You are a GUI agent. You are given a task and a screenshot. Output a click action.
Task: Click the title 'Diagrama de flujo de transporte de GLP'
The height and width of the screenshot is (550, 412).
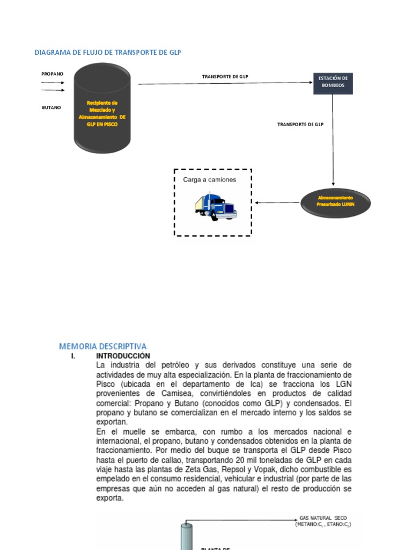[x=108, y=52]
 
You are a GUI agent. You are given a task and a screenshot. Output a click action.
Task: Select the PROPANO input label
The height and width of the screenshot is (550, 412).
[x=53, y=73]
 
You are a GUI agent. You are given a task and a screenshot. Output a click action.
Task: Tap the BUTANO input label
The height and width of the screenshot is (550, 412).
[x=51, y=107]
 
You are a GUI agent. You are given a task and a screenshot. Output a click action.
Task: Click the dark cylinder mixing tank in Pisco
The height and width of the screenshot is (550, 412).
[x=102, y=107]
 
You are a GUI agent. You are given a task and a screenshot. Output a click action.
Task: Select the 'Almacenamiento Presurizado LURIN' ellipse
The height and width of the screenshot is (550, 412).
[x=335, y=202]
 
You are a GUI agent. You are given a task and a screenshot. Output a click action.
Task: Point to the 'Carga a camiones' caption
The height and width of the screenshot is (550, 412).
[x=209, y=180]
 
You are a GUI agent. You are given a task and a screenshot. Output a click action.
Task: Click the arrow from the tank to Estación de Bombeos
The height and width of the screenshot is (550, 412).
[x=225, y=83]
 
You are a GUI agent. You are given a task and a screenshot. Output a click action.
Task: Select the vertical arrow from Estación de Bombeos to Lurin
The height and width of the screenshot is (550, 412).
[x=333, y=140]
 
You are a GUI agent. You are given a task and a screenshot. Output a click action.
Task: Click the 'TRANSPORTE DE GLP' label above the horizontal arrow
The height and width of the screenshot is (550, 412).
[x=225, y=76]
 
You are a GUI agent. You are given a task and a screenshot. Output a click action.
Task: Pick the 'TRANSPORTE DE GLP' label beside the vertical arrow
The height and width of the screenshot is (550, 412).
[x=300, y=124]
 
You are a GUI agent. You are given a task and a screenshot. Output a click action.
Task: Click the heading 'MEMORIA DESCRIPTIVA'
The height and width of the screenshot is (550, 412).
[x=102, y=346]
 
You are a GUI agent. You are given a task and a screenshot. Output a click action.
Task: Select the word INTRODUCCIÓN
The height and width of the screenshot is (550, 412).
[x=123, y=356]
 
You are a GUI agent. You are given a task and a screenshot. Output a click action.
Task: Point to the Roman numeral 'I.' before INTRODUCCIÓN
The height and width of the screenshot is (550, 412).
[x=74, y=356]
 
